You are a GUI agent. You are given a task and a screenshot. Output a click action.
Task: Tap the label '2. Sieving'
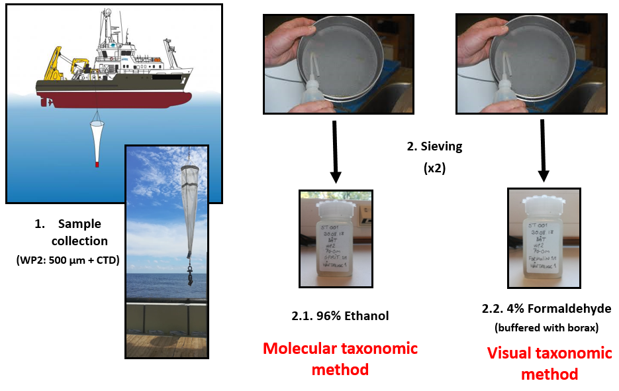pyautogui.click(x=434, y=146)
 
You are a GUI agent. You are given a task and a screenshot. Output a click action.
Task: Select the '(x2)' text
pyautogui.click(x=434, y=168)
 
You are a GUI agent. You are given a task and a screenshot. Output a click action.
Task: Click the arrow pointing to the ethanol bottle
pyautogui.click(x=336, y=152)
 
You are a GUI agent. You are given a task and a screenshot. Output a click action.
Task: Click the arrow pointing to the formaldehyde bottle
pyautogui.click(x=543, y=152)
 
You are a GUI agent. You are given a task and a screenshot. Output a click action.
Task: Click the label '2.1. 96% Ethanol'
pyautogui.click(x=340, y=316)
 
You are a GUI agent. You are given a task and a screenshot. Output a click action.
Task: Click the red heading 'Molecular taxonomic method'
pyautogui.click(x=340, y=359)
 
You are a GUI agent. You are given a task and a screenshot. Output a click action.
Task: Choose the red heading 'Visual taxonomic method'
pyautogui.click(x=549, y=363)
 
